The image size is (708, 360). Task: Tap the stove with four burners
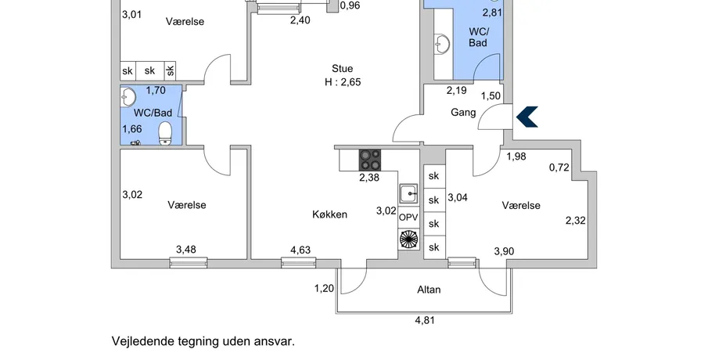coord(370,160)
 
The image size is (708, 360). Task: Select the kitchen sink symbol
coord(409,193)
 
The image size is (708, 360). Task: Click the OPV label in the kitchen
coord(409,217)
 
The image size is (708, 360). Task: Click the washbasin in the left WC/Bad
coord(129,97)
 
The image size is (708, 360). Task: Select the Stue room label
coord(342,68)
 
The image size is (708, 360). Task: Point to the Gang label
coord(464,113)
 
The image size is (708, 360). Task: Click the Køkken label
coord(329,214)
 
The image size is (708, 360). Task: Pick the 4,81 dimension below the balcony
coord(425,319)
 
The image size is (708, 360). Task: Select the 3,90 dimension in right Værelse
coord(505,250)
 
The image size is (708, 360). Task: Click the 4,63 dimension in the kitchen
coord(300,250)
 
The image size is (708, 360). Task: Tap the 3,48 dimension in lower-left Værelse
coord(186,250)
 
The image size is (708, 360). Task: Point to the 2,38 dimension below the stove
coord(368,178)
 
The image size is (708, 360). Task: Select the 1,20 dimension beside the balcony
coord(324,288)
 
